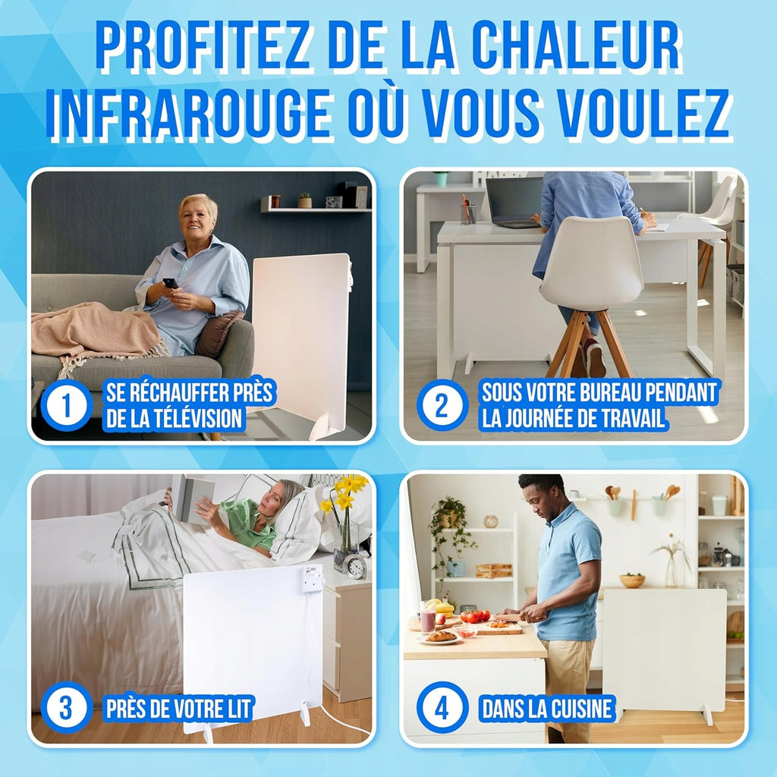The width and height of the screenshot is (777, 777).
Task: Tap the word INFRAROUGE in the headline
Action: [x=189, y=113]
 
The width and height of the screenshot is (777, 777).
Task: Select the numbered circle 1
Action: [x=67, y=405]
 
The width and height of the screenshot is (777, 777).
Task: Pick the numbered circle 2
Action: [x=442, y=405]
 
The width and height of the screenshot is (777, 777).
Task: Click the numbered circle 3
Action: [x=67, y=708]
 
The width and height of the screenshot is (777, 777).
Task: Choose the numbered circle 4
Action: [x=442, y=708]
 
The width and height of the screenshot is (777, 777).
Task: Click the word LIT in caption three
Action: [x=241, y=709]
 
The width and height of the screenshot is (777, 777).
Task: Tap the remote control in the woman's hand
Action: [x=171, y=283]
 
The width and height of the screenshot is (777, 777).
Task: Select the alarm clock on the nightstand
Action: [x=356, y=566]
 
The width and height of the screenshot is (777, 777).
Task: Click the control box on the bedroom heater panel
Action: [x=313, y=577]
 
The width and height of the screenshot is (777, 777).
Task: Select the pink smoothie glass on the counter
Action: [x=428, y=621]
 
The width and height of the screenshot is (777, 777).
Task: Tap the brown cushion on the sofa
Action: [x=218, y=334]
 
